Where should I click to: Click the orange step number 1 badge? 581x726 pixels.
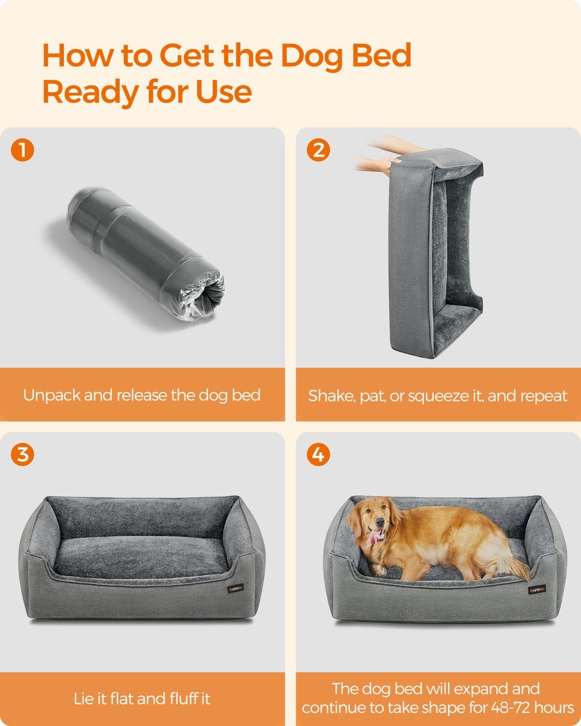pyautogui.click(x=22, y=150)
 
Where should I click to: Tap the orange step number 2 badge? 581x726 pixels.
pyautogui.click(x=319, y=150)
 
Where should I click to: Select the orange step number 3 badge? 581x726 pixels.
pyautogui.click(x=22, y=454)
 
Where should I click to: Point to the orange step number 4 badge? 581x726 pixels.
pyautogui.click(x=319, y=454)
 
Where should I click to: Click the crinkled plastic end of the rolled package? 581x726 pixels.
pyautogui.click(x=202, y=298)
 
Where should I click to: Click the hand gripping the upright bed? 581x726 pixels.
pyautogui.click(x=386, y=166)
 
